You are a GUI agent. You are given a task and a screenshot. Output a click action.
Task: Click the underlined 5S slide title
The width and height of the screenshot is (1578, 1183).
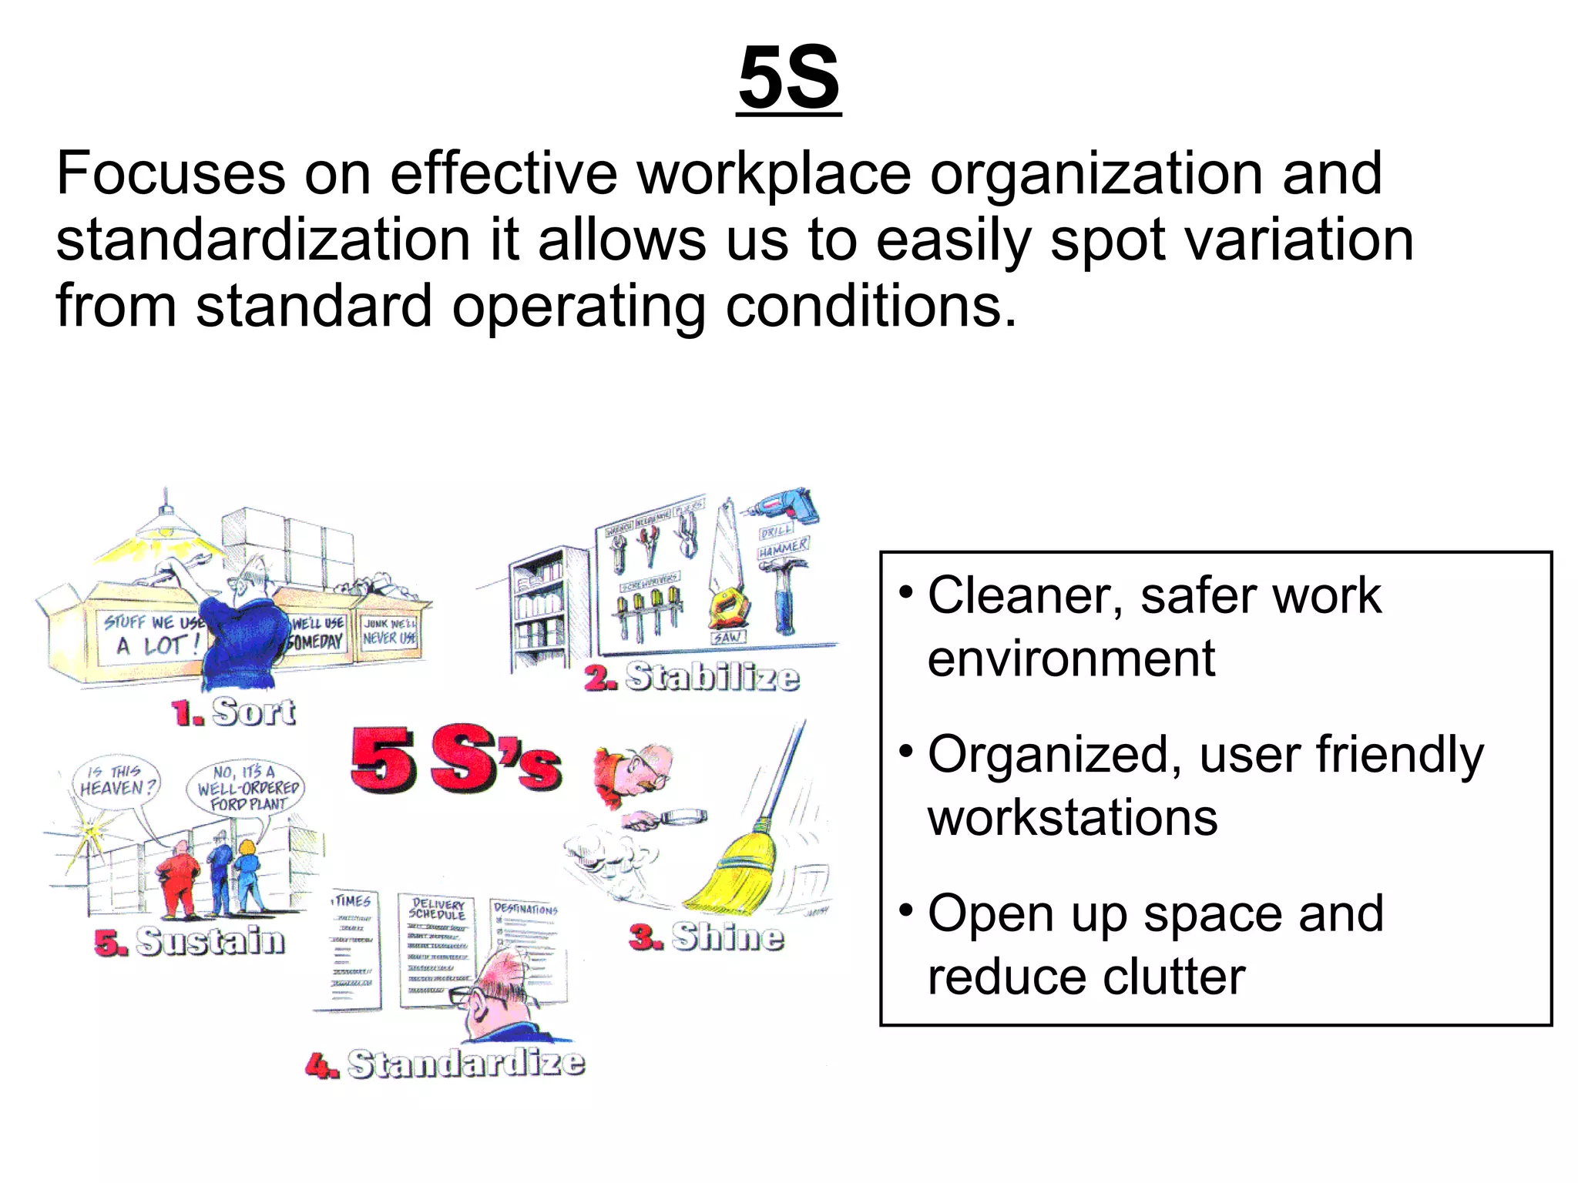pos(788,78)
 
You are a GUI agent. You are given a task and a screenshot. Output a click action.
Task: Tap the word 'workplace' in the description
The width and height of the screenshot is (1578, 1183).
pos(774,173)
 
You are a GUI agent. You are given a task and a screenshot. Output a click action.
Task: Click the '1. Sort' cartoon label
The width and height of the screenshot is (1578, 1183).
pos(233,712)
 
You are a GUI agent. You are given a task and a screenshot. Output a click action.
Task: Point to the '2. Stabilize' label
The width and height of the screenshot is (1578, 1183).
pos(692,677)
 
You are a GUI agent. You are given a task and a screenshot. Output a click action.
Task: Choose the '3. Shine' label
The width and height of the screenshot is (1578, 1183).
pos(707,937)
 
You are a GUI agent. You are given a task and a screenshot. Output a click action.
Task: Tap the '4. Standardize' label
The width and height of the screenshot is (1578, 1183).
pos(445,1064)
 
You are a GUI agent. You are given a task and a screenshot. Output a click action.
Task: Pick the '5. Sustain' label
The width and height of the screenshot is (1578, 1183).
pos(190,941)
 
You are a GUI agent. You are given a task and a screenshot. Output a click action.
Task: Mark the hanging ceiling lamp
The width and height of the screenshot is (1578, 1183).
pos(166,523)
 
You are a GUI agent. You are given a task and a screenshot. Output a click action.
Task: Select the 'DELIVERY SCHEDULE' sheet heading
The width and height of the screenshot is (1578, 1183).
pos(437,909)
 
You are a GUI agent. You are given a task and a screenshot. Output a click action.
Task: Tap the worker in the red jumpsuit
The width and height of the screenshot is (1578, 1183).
pos(180,878)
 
